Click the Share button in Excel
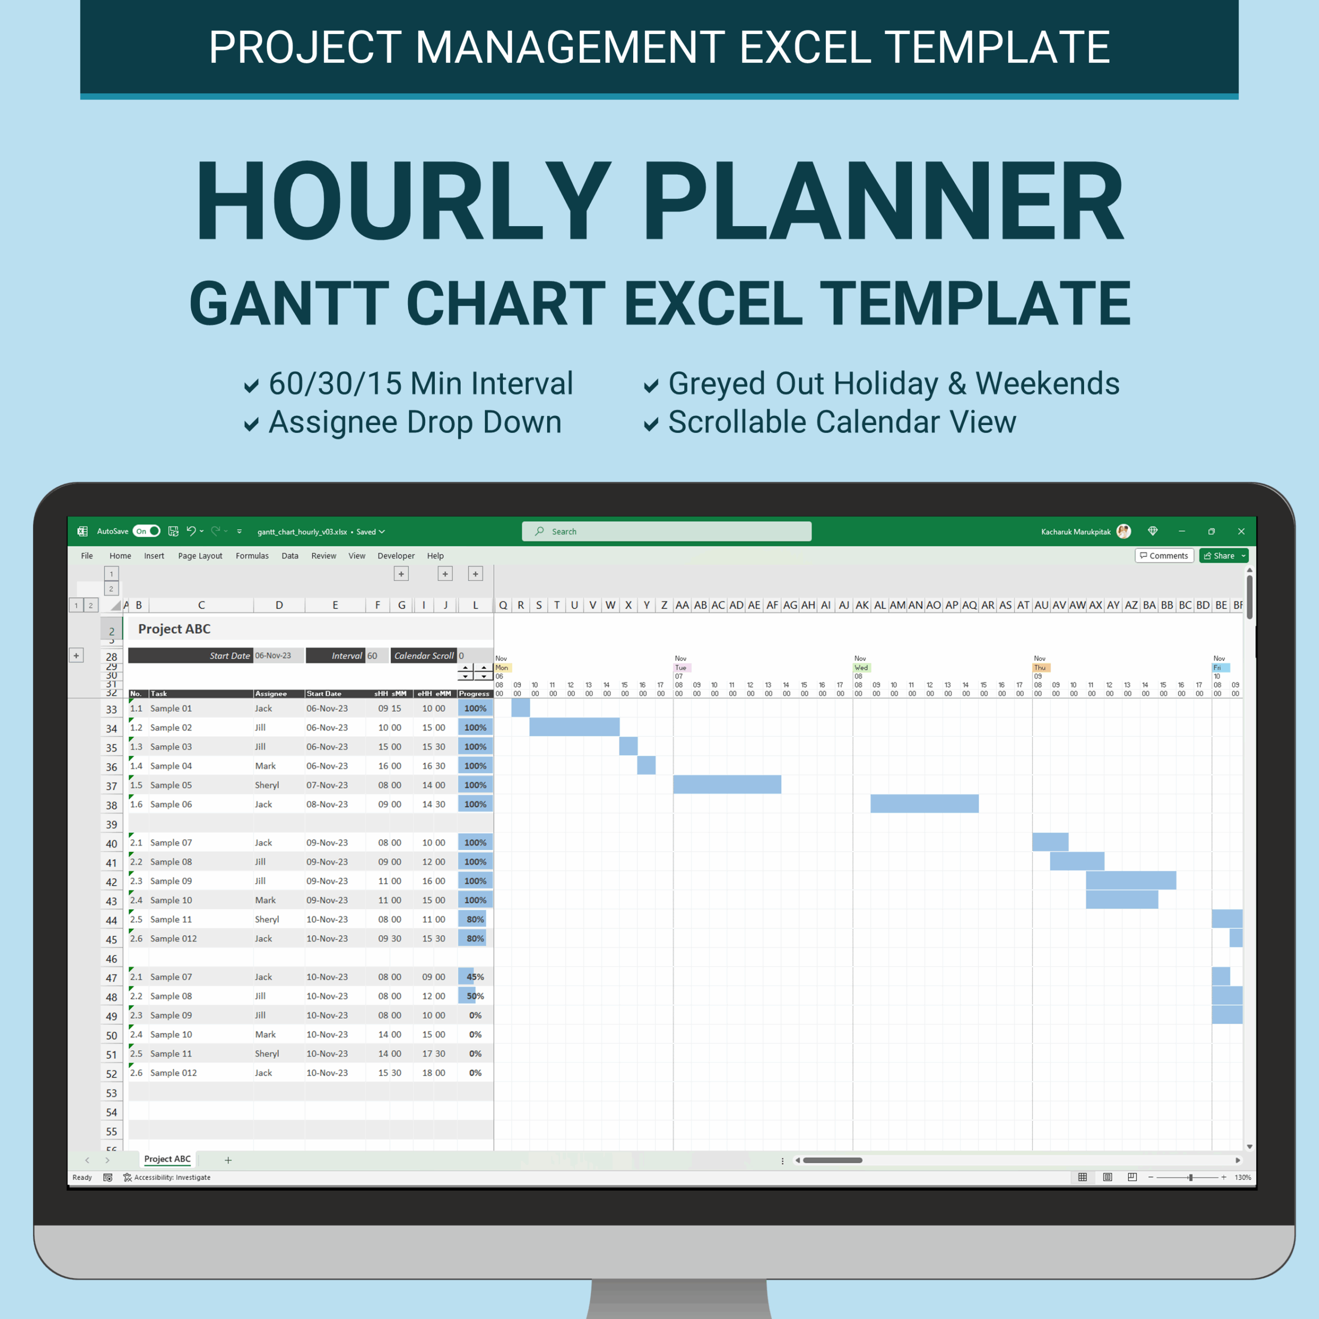coord(1220,556)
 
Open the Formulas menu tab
coord(252,556)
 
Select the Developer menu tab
coord(396,556)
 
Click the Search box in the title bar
coord(666,531)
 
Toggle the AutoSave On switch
coord(147,531)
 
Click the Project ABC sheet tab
coord(167,1159)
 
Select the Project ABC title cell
coord(174,629)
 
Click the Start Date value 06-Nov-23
coord(273,655)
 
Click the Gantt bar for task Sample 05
coord(727,784)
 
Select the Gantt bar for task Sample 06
coord(924,804)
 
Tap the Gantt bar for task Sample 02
coord(574,727)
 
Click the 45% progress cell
coord(475,977)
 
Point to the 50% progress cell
coord(475,996)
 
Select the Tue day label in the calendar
coord(681,668)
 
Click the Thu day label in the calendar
coord(1040,668)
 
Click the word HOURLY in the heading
coord(403,201)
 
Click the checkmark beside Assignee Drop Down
coord(251,425)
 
